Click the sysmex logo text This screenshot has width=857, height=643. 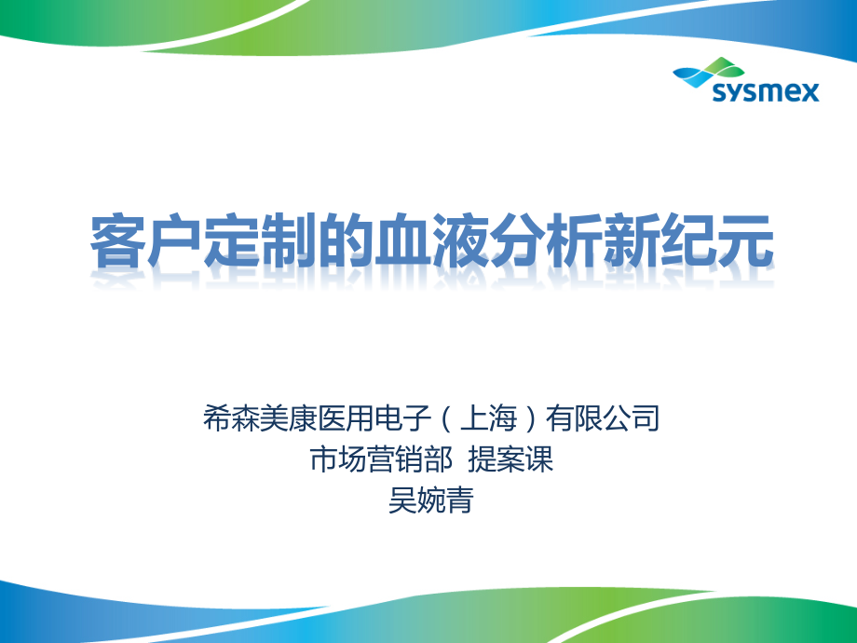[765, 91]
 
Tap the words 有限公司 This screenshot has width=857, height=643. [604, 418]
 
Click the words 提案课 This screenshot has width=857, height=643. [510, 459]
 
